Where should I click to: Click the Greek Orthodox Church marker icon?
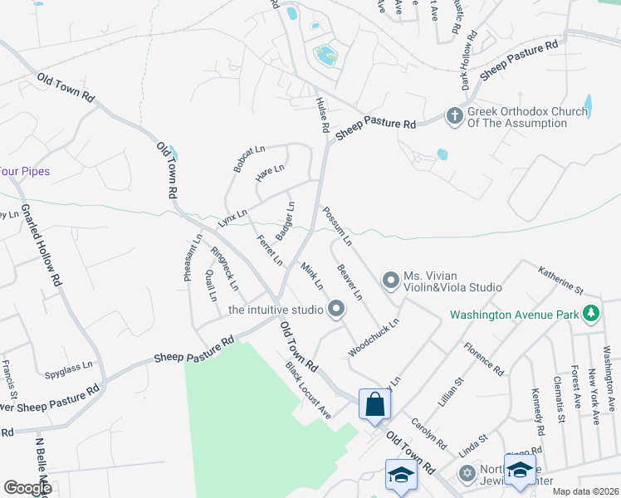point(455,116)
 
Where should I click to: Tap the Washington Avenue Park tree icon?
point(591,314)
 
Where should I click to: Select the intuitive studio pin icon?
point(336,310)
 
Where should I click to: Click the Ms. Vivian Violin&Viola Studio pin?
point(390,281)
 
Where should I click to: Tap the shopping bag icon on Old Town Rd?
point(374,405)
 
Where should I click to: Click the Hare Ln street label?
point(270,173)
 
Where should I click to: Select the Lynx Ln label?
point(232,218)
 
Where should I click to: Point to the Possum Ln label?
point(337,227)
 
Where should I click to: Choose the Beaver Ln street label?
point(350,281)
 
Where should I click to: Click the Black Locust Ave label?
point(308,391)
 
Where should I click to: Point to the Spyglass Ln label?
point(69,364)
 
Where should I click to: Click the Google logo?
point(27,487)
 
